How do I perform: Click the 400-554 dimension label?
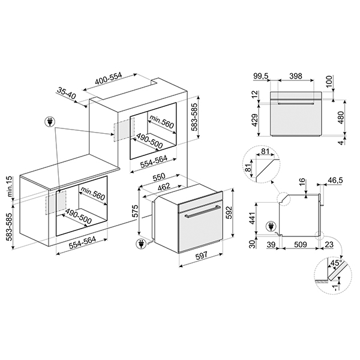point(109,79)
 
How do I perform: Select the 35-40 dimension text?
point(66,93)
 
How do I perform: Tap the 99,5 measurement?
point(261,76)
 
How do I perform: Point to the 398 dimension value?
point(296,76)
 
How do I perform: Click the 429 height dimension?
point(255,120)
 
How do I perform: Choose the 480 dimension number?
point(341,118)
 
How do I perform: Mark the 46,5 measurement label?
point(335,180)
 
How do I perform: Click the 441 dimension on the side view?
point(252,218)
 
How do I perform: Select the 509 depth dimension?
point(300,245)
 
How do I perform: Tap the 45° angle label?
point(336,263)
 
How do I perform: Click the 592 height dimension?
point(229,213)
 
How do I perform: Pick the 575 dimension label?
point(136,211)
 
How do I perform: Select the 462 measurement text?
point(164,187)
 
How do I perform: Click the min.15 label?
point(10,187)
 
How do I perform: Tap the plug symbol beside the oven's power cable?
point(140,244)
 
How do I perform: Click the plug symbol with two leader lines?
point(49,122)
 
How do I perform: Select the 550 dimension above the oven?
point(159,177)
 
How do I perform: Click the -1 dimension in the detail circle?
point(336,288)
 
